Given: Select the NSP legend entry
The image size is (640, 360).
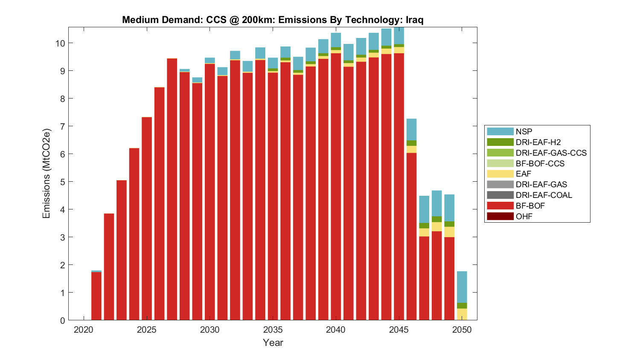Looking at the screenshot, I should point(524,132).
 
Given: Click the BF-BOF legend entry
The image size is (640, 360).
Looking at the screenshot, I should point(530,206).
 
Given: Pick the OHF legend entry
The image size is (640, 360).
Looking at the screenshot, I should point(524,216).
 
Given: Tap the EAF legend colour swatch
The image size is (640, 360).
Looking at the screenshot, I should point(500,174).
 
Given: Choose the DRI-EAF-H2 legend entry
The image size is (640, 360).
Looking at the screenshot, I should point(538,142).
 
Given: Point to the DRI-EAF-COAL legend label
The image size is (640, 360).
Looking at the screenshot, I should point(544,195).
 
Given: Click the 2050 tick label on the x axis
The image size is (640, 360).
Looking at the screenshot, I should point(462,330).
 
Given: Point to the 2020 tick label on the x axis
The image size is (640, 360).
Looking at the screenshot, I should point(84,330).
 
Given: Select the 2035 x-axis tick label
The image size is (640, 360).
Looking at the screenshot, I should point(273,330).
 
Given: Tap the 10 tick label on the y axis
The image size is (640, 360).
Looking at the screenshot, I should point(60,43).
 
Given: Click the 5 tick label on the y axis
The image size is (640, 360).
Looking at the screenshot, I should point(62,182).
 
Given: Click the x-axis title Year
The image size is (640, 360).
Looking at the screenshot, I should point(273,343).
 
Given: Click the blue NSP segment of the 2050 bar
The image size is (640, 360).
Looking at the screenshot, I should point(462,287).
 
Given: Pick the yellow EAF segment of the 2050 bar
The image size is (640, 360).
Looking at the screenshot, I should point(462,314).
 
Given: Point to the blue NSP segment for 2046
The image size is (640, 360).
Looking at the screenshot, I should point(412,129).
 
